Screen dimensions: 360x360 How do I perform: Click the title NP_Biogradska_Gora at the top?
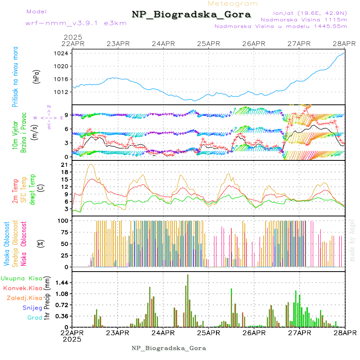tap(191, 15)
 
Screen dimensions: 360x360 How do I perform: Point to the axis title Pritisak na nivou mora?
tap(16, 78)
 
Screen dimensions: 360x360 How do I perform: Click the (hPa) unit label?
tap(37, 76)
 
